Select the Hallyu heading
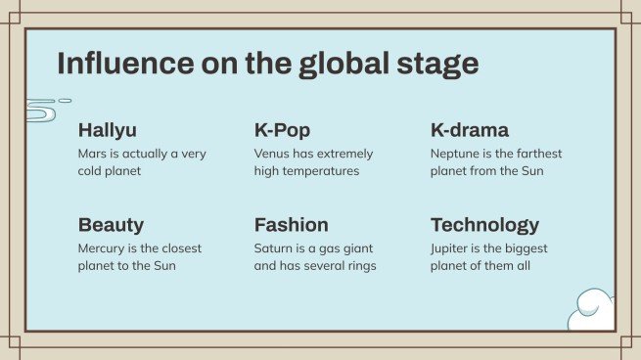[108, 130]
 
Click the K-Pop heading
[282, 130]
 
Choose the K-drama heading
[470, 130]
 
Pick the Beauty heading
[111, 224]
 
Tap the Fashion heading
[291, 224]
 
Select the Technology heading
[484, 224]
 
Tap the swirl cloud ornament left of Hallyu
[44, 109]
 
